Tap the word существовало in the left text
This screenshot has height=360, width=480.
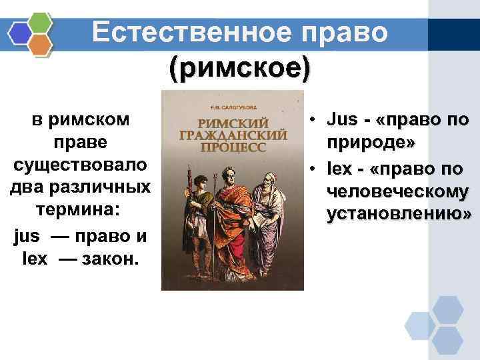[x=81, y=164]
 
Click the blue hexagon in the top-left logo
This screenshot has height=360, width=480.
[x=19, y=31]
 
